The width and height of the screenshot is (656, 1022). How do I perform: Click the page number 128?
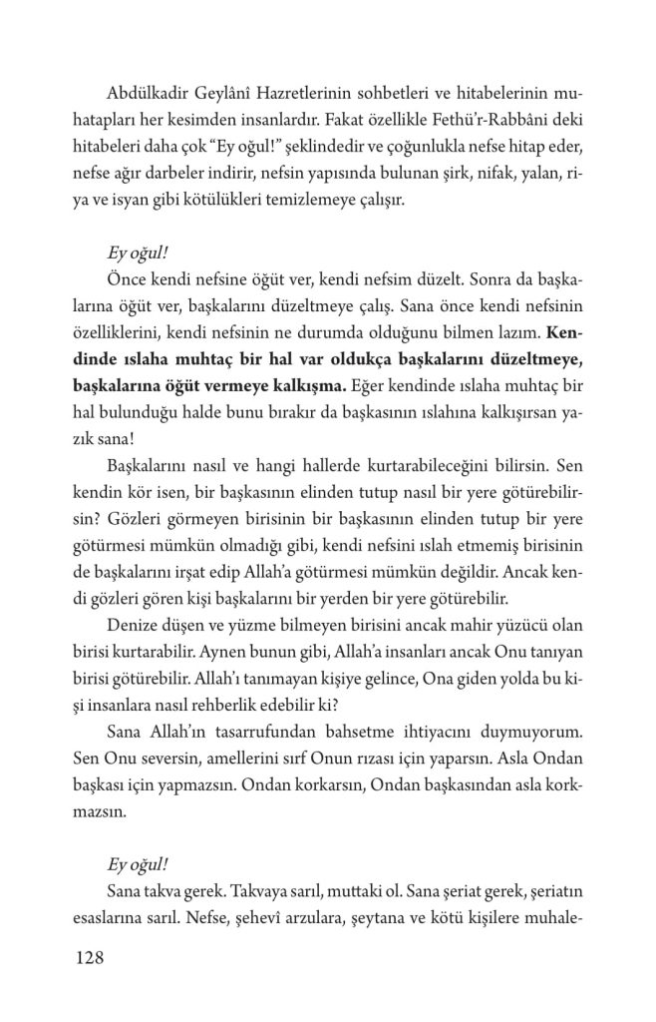89,960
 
